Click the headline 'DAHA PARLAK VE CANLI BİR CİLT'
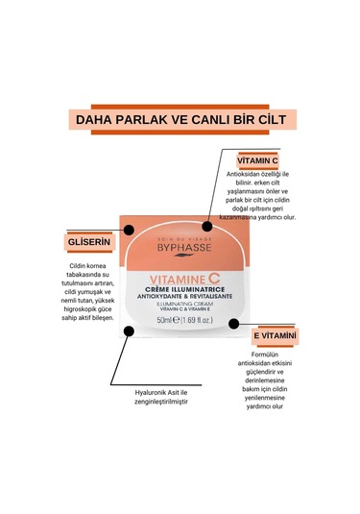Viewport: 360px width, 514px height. pos(180,119)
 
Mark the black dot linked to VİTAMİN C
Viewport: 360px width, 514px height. pos(206,228)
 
